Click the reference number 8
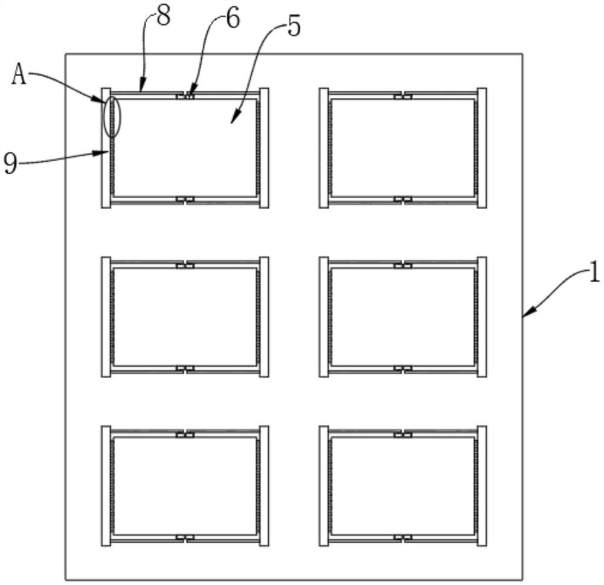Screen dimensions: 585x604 (162, 16)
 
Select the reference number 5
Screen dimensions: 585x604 (293, 27)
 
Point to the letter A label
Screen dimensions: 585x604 (19, 77)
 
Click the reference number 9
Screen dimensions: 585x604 (10, 164)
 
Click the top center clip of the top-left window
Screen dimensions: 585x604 (184, 95)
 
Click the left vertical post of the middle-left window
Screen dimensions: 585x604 (106, 317)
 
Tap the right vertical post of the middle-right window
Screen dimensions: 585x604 (482, 317)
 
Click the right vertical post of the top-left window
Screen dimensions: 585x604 (264, 147)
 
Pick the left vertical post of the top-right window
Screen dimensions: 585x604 (324, 147)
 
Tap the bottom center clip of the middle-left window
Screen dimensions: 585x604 (184, 368)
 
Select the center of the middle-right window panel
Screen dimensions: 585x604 (403, 317)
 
